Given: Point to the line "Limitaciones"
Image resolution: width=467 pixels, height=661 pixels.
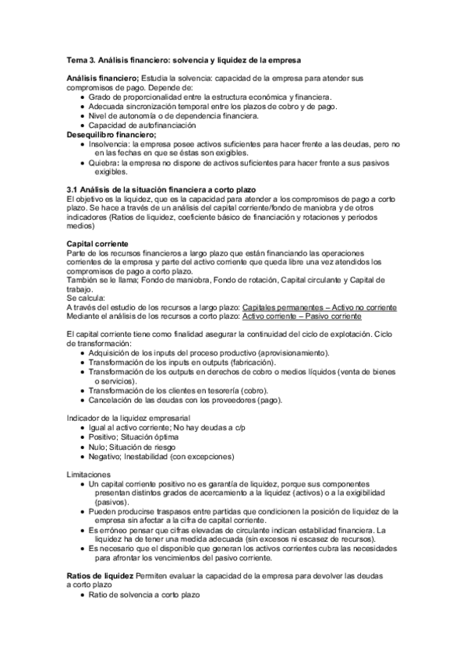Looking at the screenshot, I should coord(89,474).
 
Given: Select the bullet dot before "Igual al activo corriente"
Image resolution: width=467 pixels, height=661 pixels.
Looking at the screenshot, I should coord(82,429).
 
